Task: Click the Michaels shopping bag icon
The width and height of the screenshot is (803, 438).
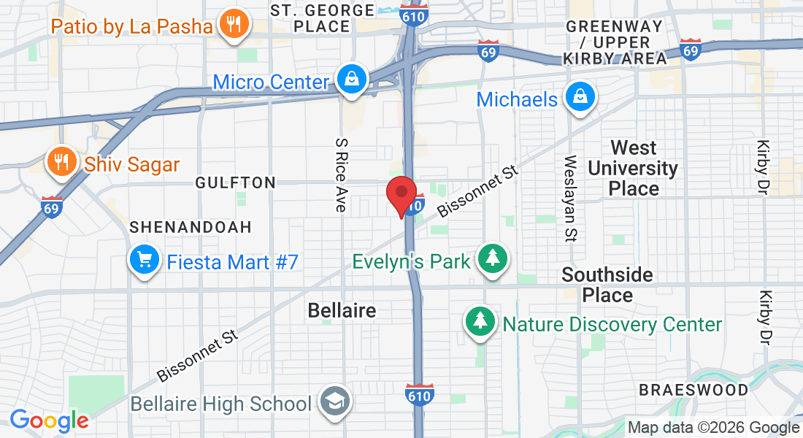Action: coord(580,98)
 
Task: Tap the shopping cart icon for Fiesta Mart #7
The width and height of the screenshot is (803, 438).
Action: coord(145,261)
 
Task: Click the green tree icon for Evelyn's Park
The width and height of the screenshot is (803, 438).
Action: coord(493,260)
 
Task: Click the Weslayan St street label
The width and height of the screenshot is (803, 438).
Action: coord(571,197)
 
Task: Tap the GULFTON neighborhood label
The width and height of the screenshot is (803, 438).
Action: coord(236,183)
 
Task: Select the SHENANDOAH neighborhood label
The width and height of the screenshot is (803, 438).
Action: coord(191,227)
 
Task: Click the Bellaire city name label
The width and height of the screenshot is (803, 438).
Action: coord(342,310)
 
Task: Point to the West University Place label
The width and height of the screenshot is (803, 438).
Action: coord(633,169)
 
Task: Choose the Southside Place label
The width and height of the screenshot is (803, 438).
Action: coord(607,285)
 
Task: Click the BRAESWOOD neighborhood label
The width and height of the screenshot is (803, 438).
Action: coord(693,390)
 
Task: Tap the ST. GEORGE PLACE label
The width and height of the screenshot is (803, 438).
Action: coord(322,18)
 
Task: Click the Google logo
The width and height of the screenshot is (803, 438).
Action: coord(49,420)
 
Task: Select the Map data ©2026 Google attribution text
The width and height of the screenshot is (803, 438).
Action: coord(713,428)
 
